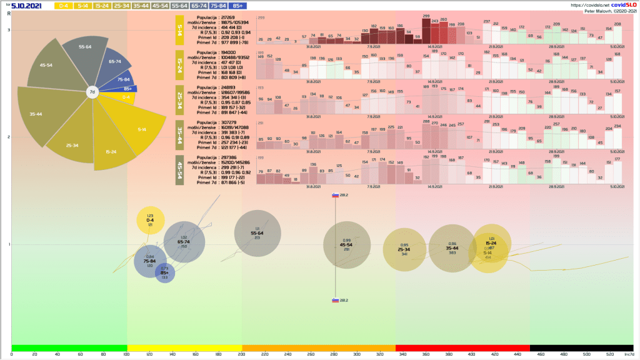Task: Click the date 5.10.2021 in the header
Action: tap(26, 6)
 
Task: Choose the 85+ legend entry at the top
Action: tap(237, 6)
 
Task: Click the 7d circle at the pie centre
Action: tap(92, 92)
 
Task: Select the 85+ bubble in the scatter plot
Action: tap(165, 273)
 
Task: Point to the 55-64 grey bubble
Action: tap(257, 234)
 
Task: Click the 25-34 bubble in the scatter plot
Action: tap(404, 249)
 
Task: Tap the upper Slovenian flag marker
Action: tap(336, 194)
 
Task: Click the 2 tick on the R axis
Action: tap(9, 137)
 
